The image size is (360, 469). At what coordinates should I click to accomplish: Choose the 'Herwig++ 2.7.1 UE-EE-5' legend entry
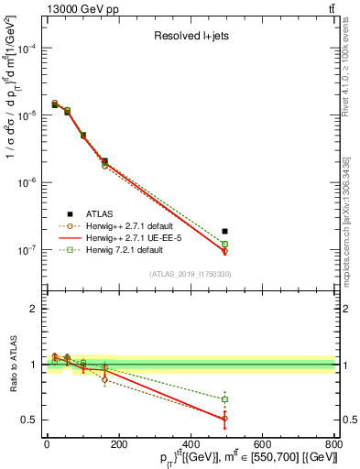point(126,236)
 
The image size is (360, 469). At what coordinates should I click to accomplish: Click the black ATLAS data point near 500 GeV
point(225,231)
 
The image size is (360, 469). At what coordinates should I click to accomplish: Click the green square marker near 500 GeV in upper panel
point(225,244)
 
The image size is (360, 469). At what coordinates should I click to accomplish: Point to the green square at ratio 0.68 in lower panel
point(225,399)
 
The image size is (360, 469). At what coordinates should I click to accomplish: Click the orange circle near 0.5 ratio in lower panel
point(225,418)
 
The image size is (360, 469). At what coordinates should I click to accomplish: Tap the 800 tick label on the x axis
point(333,445)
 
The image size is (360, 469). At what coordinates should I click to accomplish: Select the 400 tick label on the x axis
point(190,445)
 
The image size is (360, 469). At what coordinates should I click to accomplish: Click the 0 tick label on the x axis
point(47,445)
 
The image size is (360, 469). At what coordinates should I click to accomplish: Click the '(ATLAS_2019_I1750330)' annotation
point(190,274)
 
